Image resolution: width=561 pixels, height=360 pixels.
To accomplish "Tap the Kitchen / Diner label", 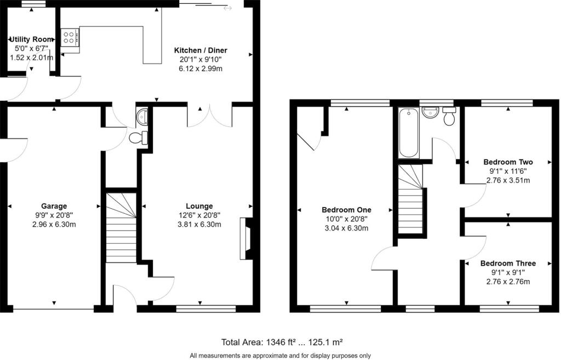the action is [201, 50].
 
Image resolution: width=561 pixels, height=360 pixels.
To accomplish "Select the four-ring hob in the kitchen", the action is [70, 38].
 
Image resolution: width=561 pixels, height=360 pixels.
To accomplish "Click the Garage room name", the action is [54, 206].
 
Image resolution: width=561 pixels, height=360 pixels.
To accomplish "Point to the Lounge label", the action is [199, 206].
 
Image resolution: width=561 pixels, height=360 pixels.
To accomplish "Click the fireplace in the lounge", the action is [246, 239].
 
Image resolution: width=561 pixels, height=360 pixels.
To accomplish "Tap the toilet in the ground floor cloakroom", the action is [139, 138].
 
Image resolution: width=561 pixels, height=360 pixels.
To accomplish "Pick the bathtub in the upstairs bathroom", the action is [409, 133].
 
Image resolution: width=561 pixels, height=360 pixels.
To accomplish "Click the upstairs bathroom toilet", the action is [449, 116].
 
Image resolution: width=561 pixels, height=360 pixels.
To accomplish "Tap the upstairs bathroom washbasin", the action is [431, 112].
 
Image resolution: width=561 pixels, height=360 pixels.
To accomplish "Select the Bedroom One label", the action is [346, 210].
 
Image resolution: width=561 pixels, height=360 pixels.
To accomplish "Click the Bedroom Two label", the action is [508, 162].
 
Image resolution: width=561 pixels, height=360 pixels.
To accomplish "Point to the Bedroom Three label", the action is [508, 264].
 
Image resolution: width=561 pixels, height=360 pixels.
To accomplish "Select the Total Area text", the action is [282, 342].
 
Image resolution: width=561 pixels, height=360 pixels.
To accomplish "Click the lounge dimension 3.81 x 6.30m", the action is [199, 225].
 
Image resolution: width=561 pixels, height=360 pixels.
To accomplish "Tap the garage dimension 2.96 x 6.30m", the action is [54, 225].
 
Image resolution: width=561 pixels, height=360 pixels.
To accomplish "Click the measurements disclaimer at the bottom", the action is [280, 356].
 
